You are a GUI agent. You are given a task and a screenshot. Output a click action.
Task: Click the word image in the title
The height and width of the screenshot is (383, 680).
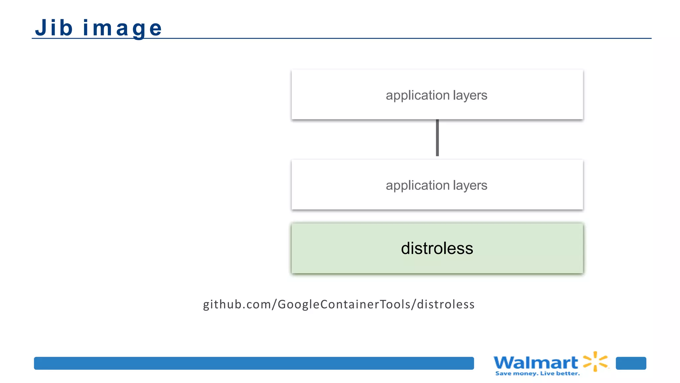point(122,28)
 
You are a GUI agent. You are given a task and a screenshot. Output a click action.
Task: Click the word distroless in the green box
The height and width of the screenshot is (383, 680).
point(437,248)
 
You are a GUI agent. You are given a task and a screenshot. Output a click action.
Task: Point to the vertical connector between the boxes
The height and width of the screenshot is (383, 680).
point(437,138)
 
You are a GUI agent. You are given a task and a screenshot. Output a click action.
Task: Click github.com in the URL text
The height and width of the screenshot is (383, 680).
point(237,305)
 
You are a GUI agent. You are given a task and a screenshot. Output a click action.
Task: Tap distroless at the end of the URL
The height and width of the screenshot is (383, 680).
point(446,305)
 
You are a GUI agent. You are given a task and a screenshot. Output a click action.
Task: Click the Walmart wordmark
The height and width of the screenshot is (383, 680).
point(536,363)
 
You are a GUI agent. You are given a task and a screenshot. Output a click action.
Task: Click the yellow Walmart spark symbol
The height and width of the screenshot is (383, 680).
point(596,361)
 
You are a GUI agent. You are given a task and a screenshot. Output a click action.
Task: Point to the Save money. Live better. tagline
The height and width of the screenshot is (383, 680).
point(537,374)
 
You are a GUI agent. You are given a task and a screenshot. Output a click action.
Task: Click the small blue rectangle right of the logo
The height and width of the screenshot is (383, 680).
point(631,363)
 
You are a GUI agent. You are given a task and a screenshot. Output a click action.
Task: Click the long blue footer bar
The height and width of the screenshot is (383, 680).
point(254,363)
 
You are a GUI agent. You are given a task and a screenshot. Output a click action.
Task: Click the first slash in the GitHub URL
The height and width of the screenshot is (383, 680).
point(274,305)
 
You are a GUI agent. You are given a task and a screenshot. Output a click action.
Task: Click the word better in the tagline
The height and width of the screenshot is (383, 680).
point(567,374)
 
